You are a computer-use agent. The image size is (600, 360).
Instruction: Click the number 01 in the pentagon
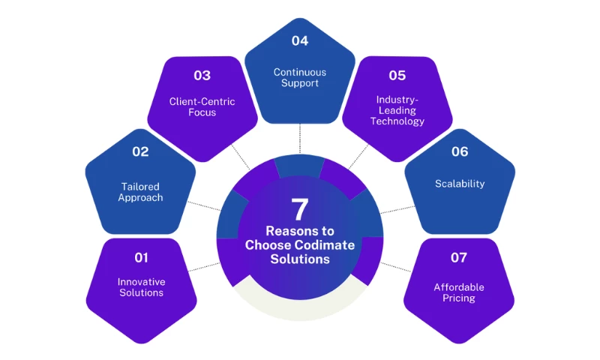tap(141, 258)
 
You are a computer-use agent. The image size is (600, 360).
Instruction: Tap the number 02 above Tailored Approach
tap(140, 151)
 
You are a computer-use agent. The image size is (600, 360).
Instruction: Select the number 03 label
tap(202, 75)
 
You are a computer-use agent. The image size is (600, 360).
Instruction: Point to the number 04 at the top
tap(300, 40)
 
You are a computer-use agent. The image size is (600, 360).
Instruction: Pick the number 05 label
tap(397, 75)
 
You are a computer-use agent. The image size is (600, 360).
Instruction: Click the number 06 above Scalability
tap(460, 151)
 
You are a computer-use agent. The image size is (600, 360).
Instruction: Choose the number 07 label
tap(459, 258)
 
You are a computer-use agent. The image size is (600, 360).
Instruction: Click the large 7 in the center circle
tap(300, 210)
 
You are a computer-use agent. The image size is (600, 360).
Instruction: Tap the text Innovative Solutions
tap(141, 287)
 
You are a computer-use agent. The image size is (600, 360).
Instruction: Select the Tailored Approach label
tap(140, 192)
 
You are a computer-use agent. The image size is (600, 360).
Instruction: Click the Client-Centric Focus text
tap(202, 107)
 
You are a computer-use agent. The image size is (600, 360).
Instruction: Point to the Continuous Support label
tap(300, 77)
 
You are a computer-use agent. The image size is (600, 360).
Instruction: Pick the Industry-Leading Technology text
tap(400, 110)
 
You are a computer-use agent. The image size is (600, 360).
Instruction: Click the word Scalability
tap(460, 184)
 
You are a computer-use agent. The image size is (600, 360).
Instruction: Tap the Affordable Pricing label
tap(459, 292)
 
